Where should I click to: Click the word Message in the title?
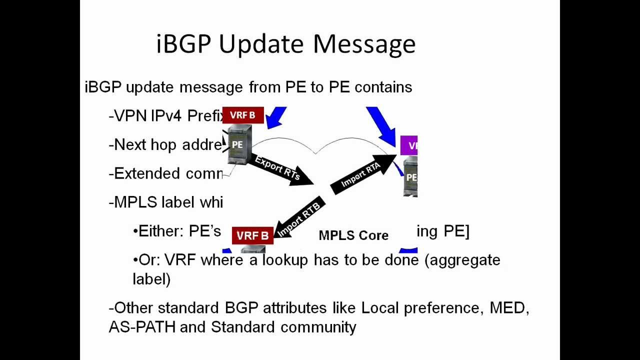[364, 44]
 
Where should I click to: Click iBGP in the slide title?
[184, 44]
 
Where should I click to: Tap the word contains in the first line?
[383, 87]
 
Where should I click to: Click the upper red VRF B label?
[242, 115]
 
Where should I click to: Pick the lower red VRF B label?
[252, 235]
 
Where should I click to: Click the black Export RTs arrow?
[278, 168]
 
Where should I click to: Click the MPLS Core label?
[353, 235]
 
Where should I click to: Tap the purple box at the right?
[409, 145]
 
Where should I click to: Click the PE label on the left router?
[237, 145]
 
